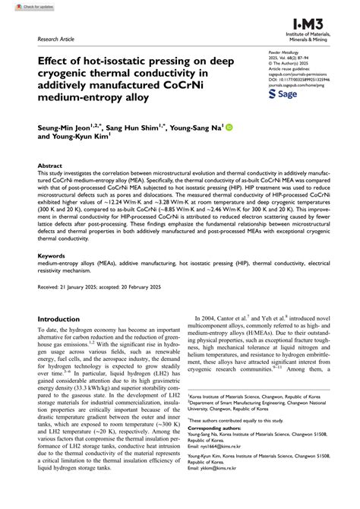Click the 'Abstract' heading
click(51, 164)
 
